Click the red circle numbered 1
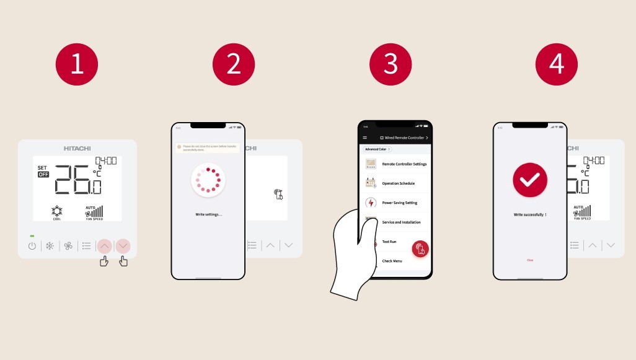(x=77, y=64)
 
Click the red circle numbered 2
(x=234, y=64)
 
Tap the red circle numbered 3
(x=391, y=64)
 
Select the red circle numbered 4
(x=556, y=64)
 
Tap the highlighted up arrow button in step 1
(x=104, y=246)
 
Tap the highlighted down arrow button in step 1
(x=123, y=246)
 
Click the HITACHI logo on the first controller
(x=77, y=149)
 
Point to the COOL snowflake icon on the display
(x=56, y=211)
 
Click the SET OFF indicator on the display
(x=43, y=171)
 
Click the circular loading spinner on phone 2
(x=208, y=180)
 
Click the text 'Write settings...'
(x=208, y=214)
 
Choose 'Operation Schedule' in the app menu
(x=398, y=183)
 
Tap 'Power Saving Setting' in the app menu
(x=399, y=203)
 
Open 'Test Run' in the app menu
(x=389, y=242)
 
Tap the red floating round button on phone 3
(x=421, y=248)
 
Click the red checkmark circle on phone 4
(x=530, y=180)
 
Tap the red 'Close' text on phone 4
(x=530, y=260)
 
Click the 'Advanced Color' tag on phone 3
(x=376, y=149)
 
